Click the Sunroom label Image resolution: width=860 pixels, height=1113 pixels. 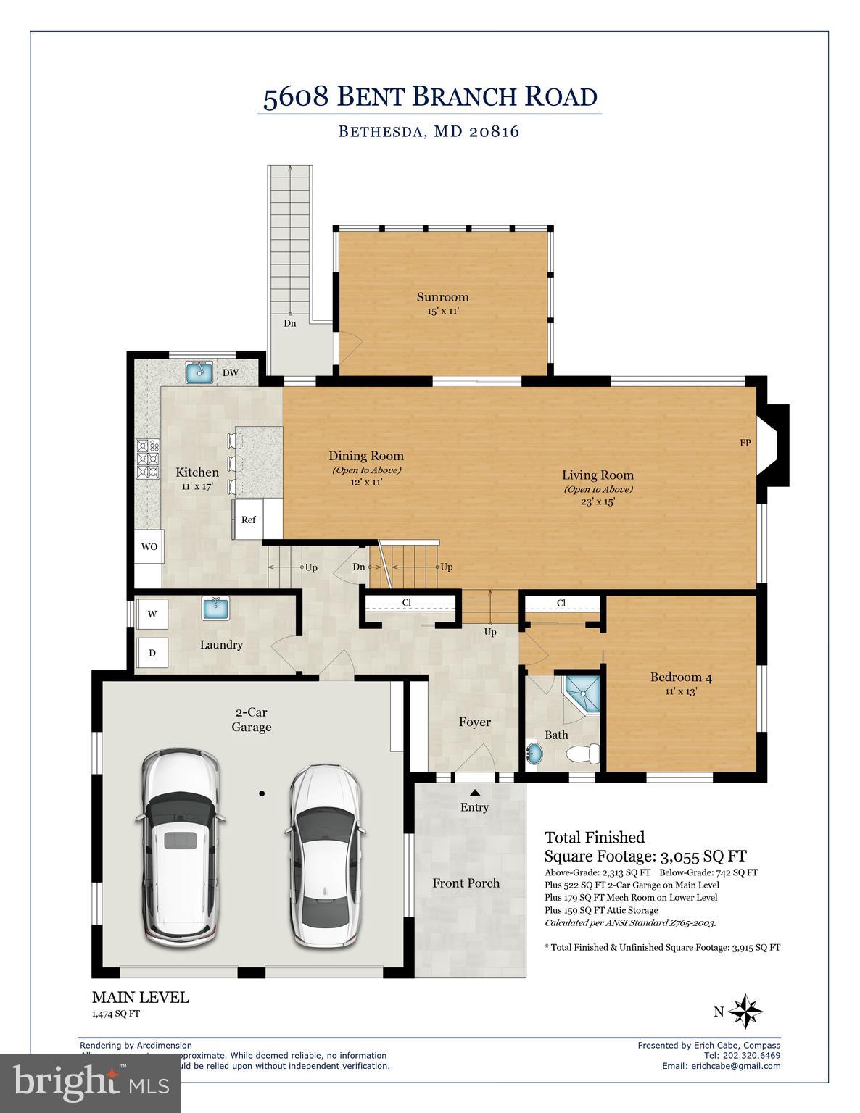(442, 297)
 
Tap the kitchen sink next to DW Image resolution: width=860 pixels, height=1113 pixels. (198, 372)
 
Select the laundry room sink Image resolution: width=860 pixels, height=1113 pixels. (215, 608)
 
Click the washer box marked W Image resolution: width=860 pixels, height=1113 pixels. (152, 614)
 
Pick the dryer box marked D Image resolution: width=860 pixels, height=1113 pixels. (152, 653)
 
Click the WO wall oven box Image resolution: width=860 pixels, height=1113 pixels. (149, 547)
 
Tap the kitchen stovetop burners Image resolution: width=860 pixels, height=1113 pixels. (148, 459)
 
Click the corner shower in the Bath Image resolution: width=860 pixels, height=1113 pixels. (584, 693)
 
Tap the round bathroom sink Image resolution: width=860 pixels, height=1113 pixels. (534, 754)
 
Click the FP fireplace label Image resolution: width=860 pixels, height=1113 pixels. (745, 443)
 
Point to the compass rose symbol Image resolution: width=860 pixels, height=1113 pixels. (745, 1012)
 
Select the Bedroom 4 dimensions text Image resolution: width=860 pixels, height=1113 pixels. (680, 691)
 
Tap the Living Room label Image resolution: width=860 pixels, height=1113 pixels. (598, 475)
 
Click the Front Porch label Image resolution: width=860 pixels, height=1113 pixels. (466, 883)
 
